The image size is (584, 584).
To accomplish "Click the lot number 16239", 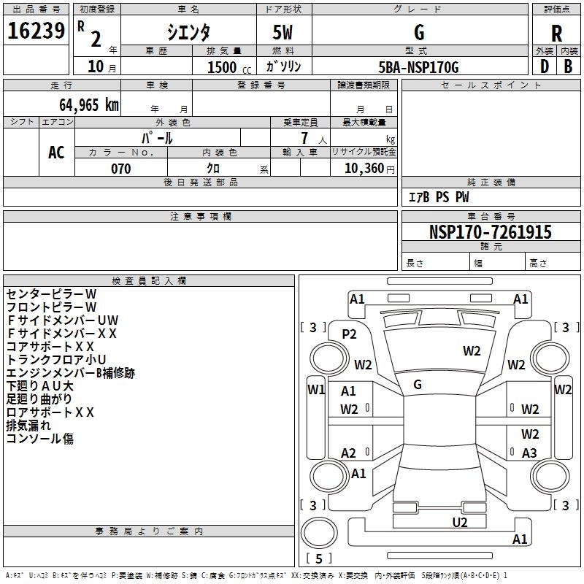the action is pos(36,31).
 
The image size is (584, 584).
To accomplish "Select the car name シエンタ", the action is pos(188,32).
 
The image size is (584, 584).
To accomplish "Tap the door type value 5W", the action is pos(283,33).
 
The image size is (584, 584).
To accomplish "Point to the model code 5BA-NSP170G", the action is pos(419,67).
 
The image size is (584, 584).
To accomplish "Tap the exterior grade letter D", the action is pos(544,66).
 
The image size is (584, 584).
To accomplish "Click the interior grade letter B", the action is pos(568,66).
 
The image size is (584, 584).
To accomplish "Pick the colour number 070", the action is pos(120,169).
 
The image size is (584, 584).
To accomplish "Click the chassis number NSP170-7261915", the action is pos(490,233).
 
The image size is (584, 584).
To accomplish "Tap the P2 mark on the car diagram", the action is pos(350,334).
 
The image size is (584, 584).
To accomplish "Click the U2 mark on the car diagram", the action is pos(459,521).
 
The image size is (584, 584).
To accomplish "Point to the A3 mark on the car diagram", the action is pos(529,453).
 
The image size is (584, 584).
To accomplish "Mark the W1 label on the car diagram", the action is pos(315,389).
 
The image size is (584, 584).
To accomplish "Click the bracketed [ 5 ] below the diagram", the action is pos(319,558).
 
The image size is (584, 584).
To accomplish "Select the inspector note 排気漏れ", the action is pos(28,425).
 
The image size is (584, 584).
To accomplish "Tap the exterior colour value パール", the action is pos(157,137).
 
